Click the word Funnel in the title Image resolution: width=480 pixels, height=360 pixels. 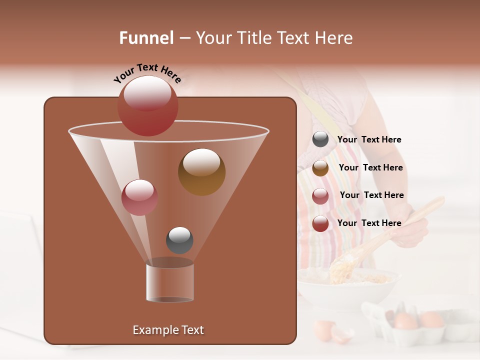[146, 38]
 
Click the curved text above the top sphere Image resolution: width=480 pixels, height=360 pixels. [147, 73]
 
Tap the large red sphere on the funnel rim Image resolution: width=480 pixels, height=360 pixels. [147, 106]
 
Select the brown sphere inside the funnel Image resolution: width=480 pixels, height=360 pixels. [201, 172]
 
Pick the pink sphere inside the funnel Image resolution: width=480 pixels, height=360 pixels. [139, 197]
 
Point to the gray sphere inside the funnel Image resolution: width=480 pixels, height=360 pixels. [179, 240]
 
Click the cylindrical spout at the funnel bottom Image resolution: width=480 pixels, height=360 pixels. [169, 282]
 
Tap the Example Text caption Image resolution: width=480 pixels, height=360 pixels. [168, 330]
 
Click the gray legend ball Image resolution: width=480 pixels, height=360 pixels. [320, 139]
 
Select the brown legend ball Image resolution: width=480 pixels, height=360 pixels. [320, 168]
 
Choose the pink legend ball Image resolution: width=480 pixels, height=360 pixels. [320, 196]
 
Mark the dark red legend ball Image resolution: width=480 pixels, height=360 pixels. [320, 223]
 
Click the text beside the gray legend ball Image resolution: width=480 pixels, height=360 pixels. [369, 139]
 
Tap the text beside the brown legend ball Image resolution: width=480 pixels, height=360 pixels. [370, 167]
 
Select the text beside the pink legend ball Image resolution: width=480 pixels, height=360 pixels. [371, 195]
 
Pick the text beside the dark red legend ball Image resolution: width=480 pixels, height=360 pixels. [369, 223]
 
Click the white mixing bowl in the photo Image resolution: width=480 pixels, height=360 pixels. [350, 290]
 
